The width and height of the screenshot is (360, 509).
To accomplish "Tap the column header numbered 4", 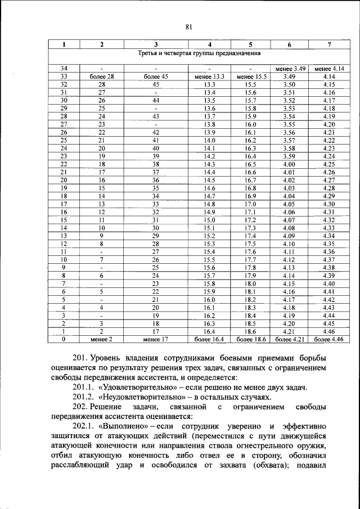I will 210,44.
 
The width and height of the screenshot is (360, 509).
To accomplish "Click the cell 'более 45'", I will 156,76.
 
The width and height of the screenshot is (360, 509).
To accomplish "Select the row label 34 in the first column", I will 64,69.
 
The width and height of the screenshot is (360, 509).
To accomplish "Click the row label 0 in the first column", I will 64,340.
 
